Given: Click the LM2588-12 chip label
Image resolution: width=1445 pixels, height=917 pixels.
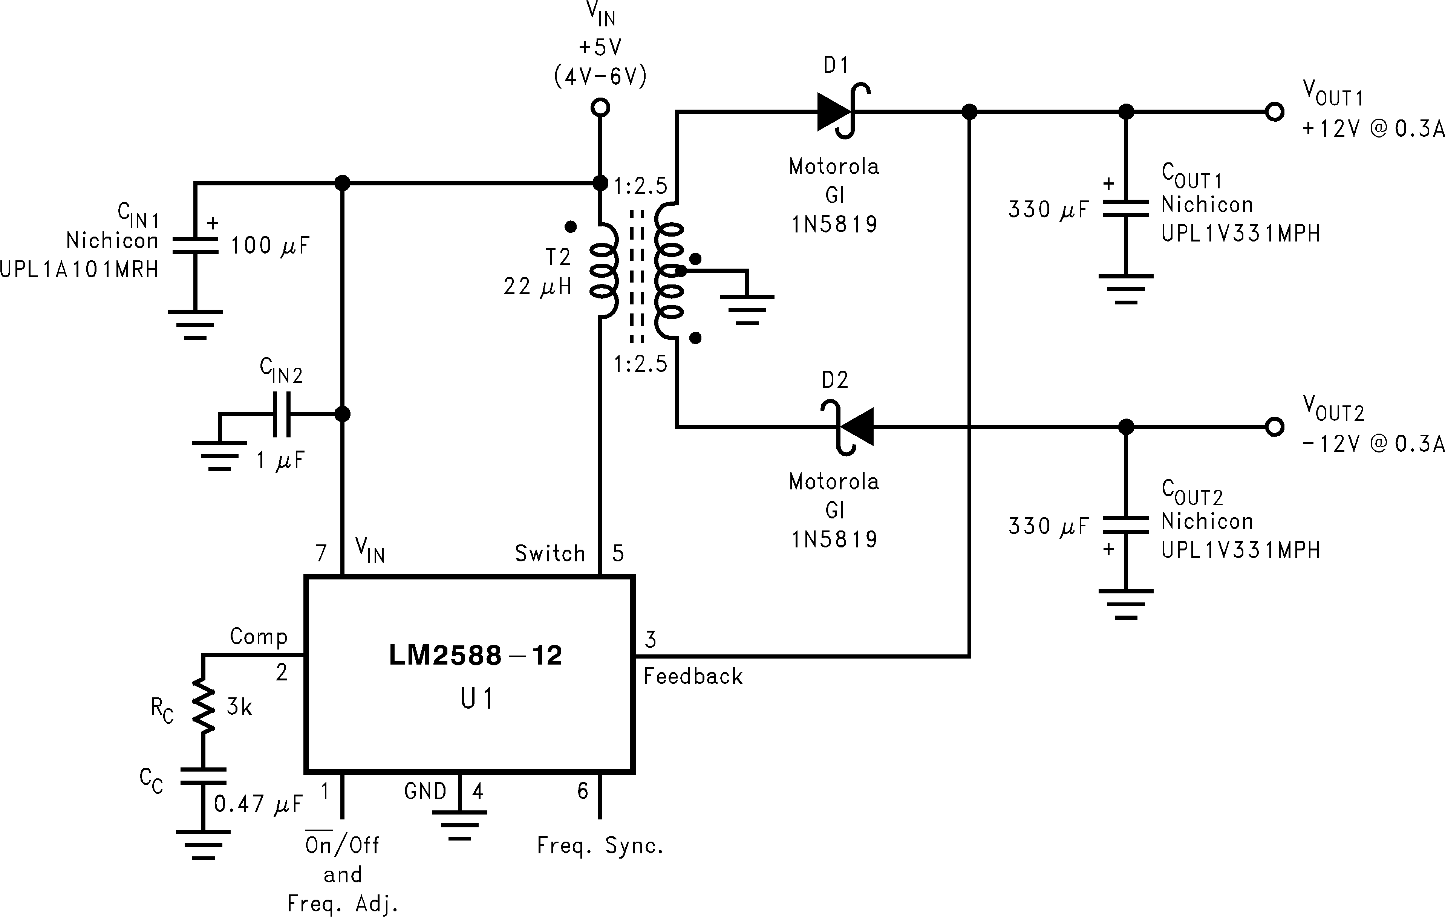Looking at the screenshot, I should point(475,655).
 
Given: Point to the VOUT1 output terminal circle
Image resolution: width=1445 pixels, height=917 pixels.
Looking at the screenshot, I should point(1274,112).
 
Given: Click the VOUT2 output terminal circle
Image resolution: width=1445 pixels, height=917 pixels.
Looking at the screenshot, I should point(1274,427).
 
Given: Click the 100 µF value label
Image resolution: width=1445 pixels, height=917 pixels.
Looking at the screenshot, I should point(270,245).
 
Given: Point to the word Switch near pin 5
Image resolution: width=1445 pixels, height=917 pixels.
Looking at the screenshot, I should point(550,553).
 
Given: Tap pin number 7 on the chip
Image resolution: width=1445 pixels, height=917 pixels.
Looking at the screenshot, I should point(321,553).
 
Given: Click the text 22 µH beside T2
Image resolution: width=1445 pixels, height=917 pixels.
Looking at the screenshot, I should point(537,287).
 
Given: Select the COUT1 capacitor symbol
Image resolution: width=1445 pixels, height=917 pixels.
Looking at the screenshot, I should point(1126,208).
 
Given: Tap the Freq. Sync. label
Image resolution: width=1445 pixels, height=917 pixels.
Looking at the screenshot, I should point(600,846).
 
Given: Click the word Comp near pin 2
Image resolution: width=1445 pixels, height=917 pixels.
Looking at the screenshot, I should point(259,636).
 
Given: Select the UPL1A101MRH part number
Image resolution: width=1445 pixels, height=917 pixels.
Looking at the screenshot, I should point(79,270).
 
